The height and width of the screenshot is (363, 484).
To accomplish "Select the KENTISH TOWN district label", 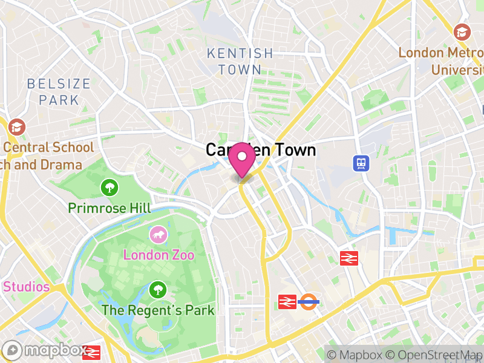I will (240, 62).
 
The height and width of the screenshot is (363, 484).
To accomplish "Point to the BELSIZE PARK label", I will (59, 91).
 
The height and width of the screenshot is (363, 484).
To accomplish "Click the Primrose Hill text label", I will (110, 208).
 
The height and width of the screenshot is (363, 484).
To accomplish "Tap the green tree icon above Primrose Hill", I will (110, 188).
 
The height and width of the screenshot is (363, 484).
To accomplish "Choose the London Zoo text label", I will (159, 255).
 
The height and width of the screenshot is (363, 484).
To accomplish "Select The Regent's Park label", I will (158, 310).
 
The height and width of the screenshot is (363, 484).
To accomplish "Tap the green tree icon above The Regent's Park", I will (159, 290).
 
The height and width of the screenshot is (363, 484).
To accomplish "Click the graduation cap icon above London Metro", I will (462, 32).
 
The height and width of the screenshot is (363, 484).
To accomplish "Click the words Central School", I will (48, 147).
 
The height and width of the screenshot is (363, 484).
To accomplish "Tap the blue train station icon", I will (361, 162).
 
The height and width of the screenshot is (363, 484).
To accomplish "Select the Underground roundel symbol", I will (309, 301).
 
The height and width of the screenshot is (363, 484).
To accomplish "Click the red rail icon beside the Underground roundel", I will (287, 301).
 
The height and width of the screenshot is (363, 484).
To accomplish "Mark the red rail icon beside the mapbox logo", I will (93, 352).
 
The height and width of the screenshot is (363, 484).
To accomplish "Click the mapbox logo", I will (45, 350).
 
